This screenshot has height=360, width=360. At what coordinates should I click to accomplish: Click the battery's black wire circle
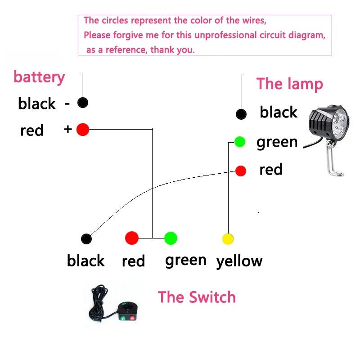[82, 103]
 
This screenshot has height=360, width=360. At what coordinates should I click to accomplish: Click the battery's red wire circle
[83, 130]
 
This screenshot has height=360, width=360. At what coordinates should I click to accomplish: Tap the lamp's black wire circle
[241, 114]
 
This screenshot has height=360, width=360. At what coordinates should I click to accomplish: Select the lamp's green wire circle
[240, 142]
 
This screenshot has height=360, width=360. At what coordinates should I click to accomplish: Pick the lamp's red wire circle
[241, 171]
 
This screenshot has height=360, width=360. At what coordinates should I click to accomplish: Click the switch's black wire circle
[86, 238]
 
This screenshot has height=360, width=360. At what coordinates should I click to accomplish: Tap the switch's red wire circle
[131, 238]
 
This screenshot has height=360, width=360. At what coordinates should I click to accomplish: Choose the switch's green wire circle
[171, 238]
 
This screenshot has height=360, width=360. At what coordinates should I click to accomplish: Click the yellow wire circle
[228, 238]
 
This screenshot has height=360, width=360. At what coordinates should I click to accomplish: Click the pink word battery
[39, 77]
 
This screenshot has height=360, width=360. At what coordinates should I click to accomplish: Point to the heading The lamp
[289, 84]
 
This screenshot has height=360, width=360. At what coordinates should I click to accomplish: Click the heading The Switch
[197, 297]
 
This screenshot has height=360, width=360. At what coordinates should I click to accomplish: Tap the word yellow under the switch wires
[239, 261]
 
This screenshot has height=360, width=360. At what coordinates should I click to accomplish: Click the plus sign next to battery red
[68, 130]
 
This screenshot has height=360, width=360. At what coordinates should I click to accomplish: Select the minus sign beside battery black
[67, 103]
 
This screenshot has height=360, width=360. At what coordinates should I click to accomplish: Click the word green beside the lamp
[277, 142]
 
